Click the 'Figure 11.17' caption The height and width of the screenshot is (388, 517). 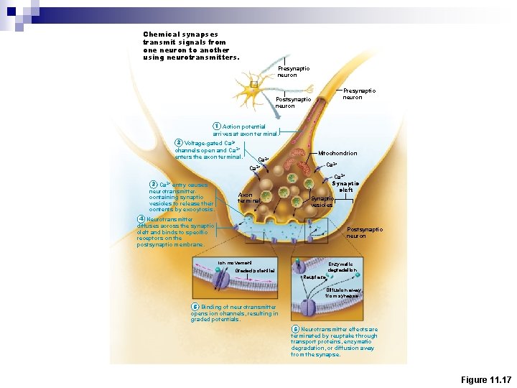tap(485, 379)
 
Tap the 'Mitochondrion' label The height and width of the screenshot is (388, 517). tap(337, 153)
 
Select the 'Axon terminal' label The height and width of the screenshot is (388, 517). tap(246, 198)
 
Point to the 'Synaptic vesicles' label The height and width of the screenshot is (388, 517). tap(322, 202)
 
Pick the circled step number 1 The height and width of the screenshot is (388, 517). tap(217, 126)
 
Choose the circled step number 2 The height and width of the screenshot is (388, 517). tap(179, 142)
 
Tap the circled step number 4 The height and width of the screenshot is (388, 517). tap(141, 218)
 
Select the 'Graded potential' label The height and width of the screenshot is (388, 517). tap(245, 271)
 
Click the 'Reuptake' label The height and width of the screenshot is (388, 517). tap(314, 277)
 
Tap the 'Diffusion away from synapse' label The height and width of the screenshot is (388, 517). tap(344, 293)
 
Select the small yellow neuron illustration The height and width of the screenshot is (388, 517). tap(253, 85)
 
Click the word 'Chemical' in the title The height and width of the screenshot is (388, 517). tap(157, 34)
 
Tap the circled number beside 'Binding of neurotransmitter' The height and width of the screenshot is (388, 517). tap(195, 307)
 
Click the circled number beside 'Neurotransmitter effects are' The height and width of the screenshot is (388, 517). tap(295, 329)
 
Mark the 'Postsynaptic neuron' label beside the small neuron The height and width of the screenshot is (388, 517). tap(293, 103)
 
